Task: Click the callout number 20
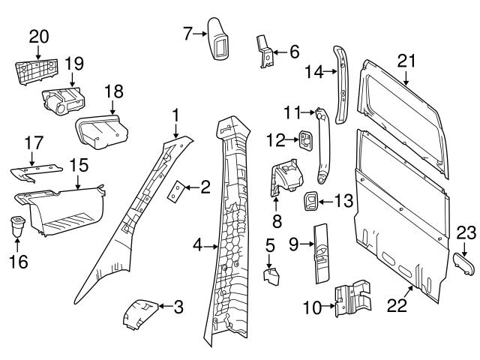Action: click(x=38, y=36)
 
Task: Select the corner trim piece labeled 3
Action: click(x=140, y=310)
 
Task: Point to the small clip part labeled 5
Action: click(x=271, y=273)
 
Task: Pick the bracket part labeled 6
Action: click(x=265, y=53)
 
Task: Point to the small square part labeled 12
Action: click(x=307, y=139)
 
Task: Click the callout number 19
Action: click(x=73, y=62)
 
